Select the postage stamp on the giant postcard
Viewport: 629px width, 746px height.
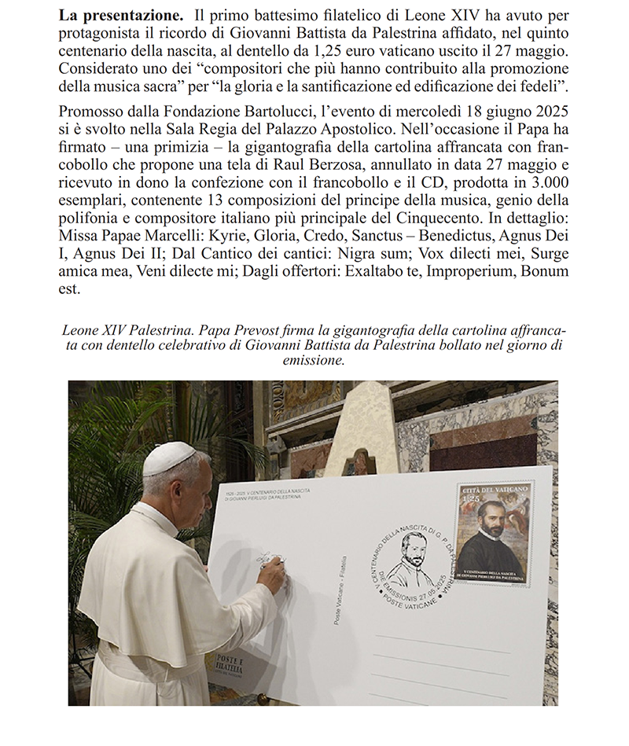pos(493,533)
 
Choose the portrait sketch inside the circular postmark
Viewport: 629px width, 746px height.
pos(414,557)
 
